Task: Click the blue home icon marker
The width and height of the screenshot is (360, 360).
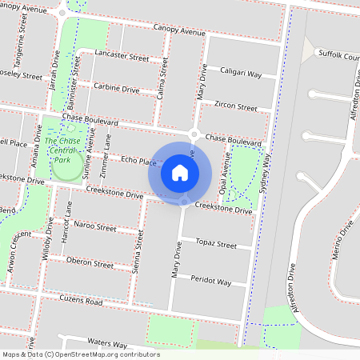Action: pyautogui.click(x=180, y=172)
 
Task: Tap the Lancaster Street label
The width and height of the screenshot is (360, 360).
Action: pyautogui.click(x=122, y=58)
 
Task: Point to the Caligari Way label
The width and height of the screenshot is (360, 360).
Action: pyautogui.click(x=241, y=73)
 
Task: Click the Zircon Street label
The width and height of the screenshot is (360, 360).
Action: pyautogui.click(x=236, y=106)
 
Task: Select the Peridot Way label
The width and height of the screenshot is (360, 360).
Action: pyautogui.click(x=211, y=282)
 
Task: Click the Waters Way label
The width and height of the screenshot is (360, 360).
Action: pyautogui.click(x=108, y=342)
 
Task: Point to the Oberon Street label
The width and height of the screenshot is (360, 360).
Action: pyautogui.click(x=90, y=263)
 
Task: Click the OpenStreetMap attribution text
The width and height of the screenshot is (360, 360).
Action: pyautogui.click(x=80, y=354)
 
